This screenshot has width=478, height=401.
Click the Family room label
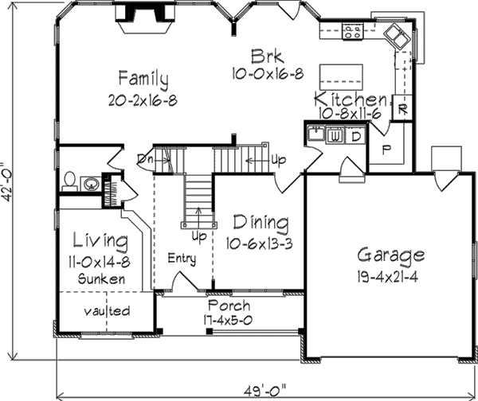[x=143, y=80]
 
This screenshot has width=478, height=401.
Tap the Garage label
[x=390, y=256]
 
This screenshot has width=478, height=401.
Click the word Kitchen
[x=351, y=100]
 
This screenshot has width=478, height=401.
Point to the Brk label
[x=263, y=56]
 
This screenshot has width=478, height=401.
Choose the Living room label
[x=100, y=240]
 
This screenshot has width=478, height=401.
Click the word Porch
[x=229, y=306]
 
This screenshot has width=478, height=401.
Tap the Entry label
[x=182, y=259]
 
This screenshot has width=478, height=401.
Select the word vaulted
[x=107, y=311]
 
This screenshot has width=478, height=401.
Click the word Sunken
[x=101, y=279]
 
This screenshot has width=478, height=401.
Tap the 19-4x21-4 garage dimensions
[x=390, y=276]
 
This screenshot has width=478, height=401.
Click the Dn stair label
[x=144, y=158]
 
